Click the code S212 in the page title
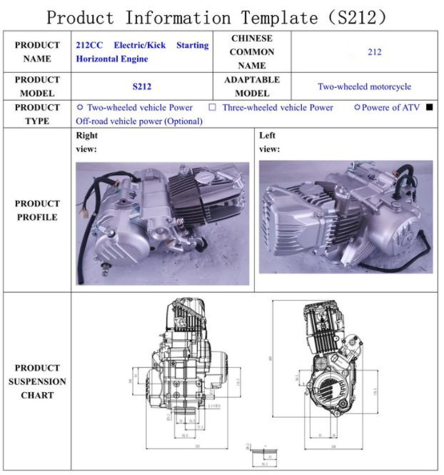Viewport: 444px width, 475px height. [x=362, y=16]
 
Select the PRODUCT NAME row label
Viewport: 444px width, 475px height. [x=37, y=51]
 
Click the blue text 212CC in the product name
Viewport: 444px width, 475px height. [x=89, y=45]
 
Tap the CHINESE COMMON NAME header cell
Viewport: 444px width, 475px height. [x=252, y=51]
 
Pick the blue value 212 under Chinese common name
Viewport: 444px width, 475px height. [x=374, y=52]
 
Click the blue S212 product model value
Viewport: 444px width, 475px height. [x=142, y=86]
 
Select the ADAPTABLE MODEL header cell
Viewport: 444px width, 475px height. [x=252, y=86]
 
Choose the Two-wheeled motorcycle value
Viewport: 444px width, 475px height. [x=364, y=86]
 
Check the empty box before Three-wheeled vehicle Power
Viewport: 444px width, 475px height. [x=212, y=108]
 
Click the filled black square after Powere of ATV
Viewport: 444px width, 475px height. [x=429, y=108]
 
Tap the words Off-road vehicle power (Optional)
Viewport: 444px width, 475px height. [x=139, y=121]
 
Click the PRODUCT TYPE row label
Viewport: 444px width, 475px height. [x=37, y=114]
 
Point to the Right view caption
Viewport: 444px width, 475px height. [x=86, y=142]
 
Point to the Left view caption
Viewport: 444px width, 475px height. [x=269, y=142]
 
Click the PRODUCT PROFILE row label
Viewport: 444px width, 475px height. [x=37, y=210]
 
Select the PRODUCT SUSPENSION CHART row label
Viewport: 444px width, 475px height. [x=37, y=381]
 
